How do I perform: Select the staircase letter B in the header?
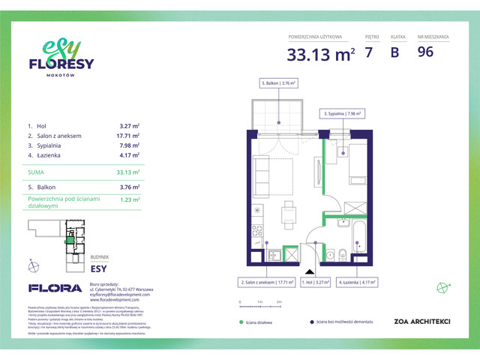(394, 52)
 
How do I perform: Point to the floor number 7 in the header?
(369, 52)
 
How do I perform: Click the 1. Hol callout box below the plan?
(316, 283)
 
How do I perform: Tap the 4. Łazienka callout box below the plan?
(355, 283)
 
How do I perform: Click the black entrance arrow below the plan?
(307, 271)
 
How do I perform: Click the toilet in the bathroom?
(340, 253)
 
